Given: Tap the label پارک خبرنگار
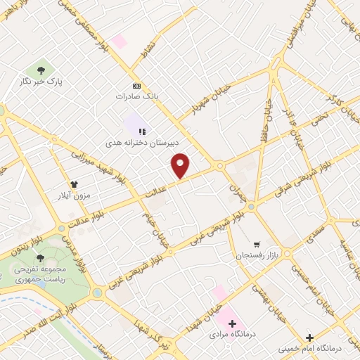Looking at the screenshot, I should click(41, 82).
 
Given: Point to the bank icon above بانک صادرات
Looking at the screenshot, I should click(136, 84).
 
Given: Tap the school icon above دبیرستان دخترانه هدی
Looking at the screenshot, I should click(142, 131).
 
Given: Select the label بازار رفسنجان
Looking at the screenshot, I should click(257, 252).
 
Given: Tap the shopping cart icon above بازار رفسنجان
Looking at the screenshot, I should click(257, 241).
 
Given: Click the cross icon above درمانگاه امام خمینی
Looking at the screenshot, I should click(309, 337).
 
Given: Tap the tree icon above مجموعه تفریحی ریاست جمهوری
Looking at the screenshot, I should click(39, 258).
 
